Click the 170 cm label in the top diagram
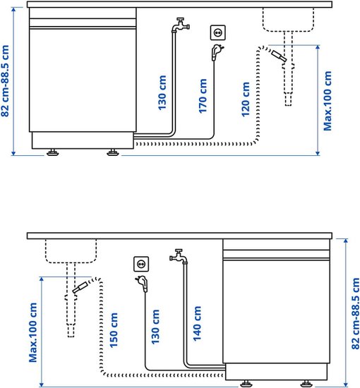point(203,96)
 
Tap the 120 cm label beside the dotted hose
point(246,99)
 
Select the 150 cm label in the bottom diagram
point(114,330)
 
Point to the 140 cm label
point(197,324)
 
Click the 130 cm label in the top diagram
point(162,93)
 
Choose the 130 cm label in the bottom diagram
point(155,327)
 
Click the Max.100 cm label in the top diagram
point(328,101)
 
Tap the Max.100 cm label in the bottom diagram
point(32,332)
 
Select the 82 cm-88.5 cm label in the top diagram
point(5,81)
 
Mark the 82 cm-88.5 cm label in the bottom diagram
point(355,313)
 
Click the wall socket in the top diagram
point(218,32)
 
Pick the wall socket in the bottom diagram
point(141,264)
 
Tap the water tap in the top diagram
point(180,25)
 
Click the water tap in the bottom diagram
point(179,256)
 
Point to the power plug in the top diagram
point(217,52)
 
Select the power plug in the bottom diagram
point(143,284)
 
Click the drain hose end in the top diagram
point(279,56)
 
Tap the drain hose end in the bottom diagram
point(80,287)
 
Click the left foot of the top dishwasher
point(53,152)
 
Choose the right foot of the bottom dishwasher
point(306,384)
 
